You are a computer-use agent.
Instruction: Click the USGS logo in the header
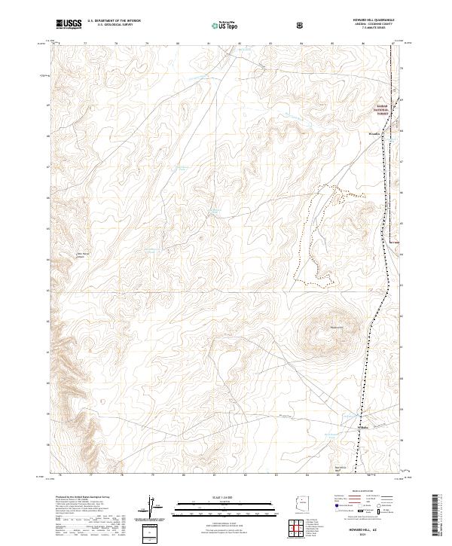tap(69, 25)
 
